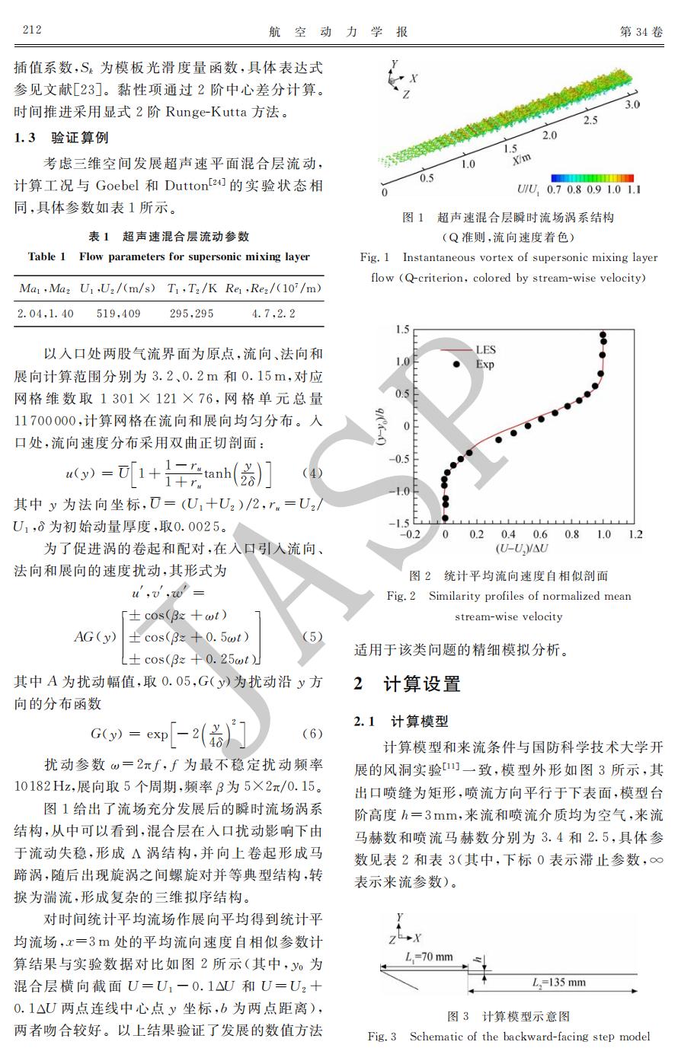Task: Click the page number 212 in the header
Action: click(32, 30)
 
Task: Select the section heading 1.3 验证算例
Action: click(62, 138)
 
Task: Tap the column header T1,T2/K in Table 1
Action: click(193, 288)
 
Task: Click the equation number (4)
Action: click(312, 473)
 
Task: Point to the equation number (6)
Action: click(312, 734)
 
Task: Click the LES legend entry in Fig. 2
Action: click(485, 350)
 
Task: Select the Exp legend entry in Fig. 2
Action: click(485, 365)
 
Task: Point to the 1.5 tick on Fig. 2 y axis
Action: click(401, 330)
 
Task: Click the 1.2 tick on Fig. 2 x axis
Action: click(635, 534)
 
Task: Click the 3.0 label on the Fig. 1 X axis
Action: click(632, 104)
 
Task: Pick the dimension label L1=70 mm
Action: click(429, 957)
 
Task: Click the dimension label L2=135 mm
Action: click(558, 983)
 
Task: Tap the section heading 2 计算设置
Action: click(408, 683)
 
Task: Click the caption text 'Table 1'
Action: click(47, 256)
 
